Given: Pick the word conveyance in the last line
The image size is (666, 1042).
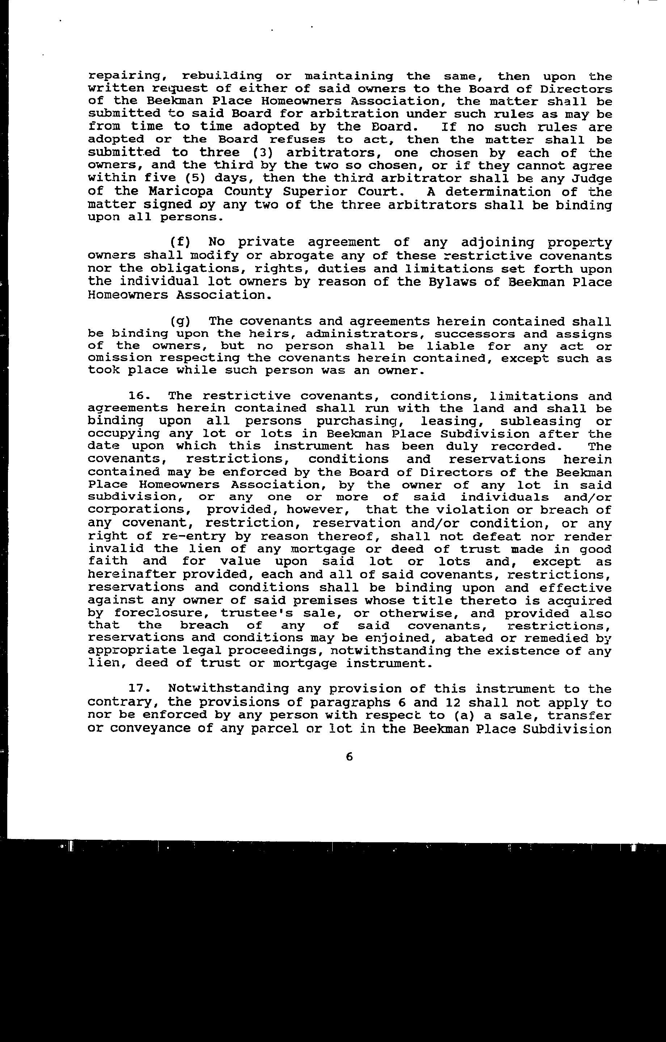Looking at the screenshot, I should coord(157,728).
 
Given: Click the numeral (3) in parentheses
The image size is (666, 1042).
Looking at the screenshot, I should coord(263,153).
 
